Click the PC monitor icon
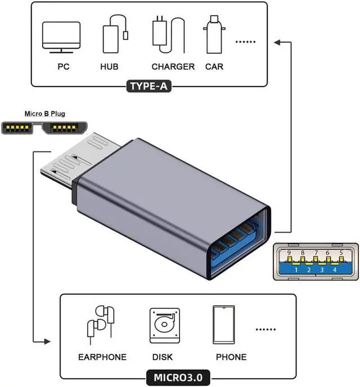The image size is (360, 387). [61, 36]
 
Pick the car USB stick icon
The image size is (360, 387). [213, 34]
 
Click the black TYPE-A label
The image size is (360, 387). [148, 87]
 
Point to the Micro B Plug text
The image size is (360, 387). [44, 114]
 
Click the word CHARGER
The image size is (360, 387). [173, 67]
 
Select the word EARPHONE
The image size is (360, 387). [102, 357]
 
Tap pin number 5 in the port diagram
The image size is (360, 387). [341, 253]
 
